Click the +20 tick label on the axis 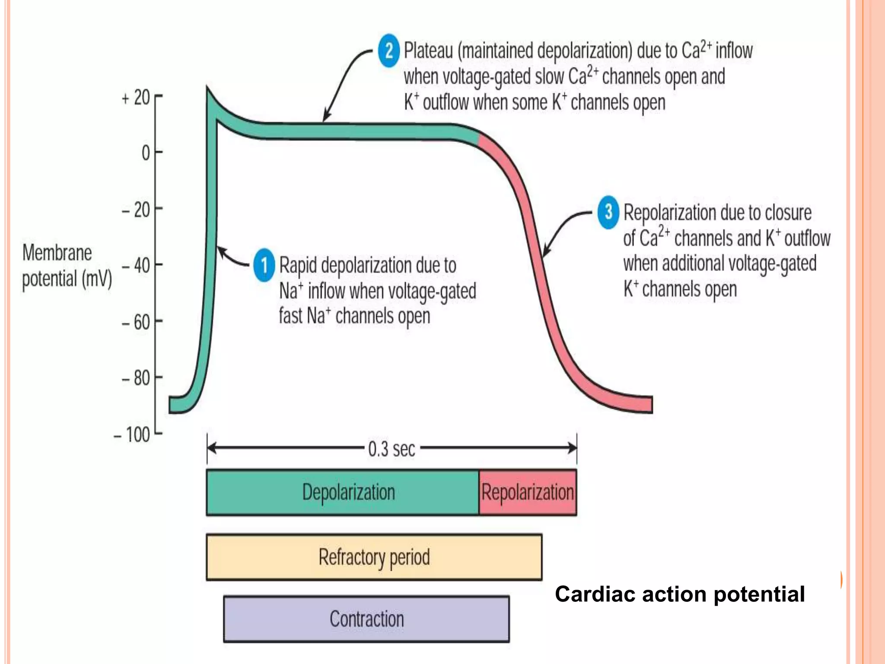click(x=136, y=98)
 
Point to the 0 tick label click(x=146, y=153)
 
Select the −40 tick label click(x=136, y=265)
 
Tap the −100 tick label click(x=132, y=434)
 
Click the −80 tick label click(x=136, y=379)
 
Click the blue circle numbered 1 click(x=264, y=265)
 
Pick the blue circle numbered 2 click(x=388, y=51)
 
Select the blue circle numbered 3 click(x=608, y=212)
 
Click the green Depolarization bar click(x=342, y=492)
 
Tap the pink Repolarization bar click(x=528, y=492)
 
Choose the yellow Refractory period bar click(x=374, y=557)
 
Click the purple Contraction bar click(x=366, y=619)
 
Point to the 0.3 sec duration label click(x=392, y=449)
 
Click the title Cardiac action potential click(x=680, y=594)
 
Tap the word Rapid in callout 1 click(x=298, y=265)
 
